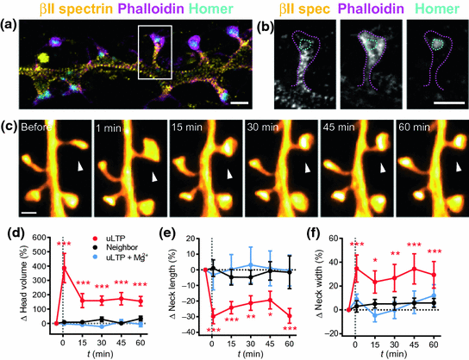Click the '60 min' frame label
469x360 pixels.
coord(418,134)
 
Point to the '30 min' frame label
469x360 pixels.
coord(266,134)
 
